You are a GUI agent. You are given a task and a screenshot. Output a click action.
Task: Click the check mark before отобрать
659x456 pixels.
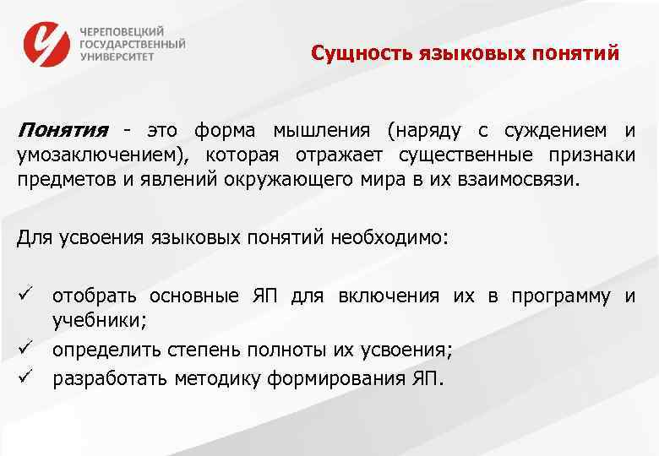pos(25,296)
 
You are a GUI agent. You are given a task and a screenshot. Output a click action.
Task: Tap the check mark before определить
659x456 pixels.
pos(25,350)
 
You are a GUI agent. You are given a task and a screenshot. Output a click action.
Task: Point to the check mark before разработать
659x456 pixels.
pos(25,377)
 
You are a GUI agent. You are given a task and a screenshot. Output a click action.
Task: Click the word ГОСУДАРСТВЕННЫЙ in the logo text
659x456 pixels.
pos(133,43)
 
